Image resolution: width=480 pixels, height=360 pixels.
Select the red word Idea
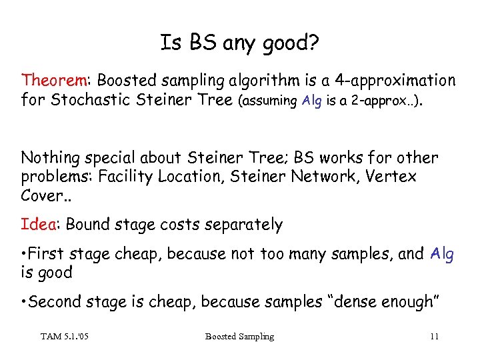pyautogui.click(x=38, y=225)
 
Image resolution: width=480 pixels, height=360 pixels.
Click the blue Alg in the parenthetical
pyautogui.click(x=311, y=101)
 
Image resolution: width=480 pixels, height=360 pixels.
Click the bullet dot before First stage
pyautogui.click(x=25, y=254)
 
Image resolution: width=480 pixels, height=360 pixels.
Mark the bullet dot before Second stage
pyautogui.click(x=25, y=302)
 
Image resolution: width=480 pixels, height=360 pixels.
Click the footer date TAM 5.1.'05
pyautogui.click(x=65, y=336)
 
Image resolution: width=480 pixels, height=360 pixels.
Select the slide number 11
pyautogui.click(x=434, y=336)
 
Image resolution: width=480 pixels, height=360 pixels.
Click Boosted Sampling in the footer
pyautogui.click(x=239, y=336)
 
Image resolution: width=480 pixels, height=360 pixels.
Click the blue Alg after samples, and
pyautogui.click(x=442, y=254)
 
